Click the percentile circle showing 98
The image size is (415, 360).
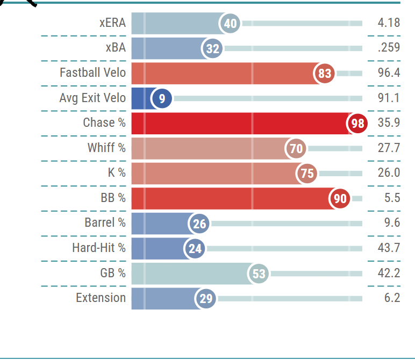tap(357, 124)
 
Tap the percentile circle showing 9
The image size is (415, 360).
tap(162, 98)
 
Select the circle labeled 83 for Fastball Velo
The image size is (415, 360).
tap(325, 74)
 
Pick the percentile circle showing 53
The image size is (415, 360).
tap(259, 274)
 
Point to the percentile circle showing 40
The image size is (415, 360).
tap(230, 24)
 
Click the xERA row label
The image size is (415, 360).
tap(112, 23)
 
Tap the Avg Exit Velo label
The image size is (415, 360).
tap(92, 98)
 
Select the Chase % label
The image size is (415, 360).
tap(104, 123)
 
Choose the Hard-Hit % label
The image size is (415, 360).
tap(99, 248)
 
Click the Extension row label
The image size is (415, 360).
tap(101, 298)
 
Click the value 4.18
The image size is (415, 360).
tap(389, 23)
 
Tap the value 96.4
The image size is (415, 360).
tap(389, 73)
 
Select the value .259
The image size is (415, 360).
tap(389, 48)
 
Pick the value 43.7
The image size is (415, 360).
tap(389, 248)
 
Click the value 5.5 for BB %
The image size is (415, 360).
tap(392, 198)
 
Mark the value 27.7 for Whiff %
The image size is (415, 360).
tap(389, 148)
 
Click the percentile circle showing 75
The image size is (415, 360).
tap(307, 174)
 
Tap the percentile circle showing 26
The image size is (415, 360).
tap(199, 224)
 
